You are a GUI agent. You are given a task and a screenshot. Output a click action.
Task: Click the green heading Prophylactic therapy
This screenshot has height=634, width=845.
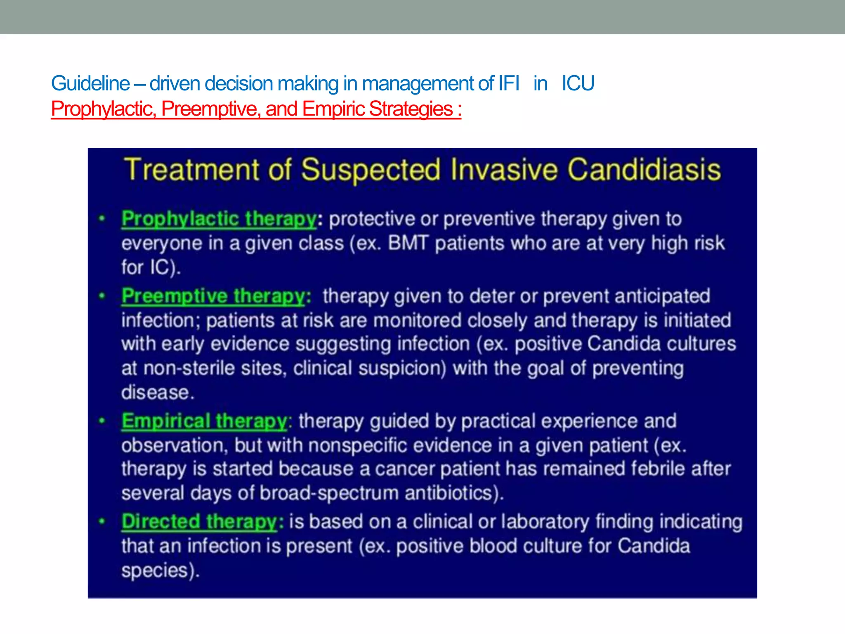tap(219, 219)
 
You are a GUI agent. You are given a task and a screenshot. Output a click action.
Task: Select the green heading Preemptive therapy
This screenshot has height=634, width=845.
tap(213, 296)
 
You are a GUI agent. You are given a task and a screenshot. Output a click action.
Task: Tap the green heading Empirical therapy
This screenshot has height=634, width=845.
tap(204, 421)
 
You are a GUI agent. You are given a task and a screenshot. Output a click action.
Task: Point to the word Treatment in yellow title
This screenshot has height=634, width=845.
tap(192, 170)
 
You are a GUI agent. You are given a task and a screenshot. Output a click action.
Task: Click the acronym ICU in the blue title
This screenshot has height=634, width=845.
tap(578, 84)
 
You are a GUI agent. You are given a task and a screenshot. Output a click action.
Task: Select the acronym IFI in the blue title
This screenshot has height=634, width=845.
tap(508, 84)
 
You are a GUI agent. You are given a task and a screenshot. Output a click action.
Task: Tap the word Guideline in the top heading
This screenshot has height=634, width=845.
tap(90, 84)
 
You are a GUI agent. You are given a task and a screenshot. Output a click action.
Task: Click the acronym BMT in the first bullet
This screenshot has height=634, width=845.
tap(408, 243)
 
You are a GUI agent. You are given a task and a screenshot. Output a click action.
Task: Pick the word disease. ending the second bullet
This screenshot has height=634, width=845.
tap(157, 393)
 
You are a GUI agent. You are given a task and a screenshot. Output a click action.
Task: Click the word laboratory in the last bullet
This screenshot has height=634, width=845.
tap(545, 522)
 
